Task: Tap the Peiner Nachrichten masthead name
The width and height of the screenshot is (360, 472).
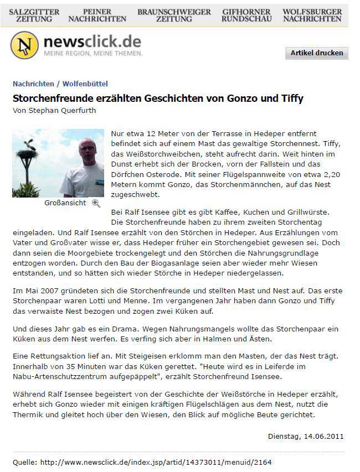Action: click(x=97, y=15)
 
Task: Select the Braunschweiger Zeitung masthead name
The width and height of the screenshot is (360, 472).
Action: click(x=174, y=15)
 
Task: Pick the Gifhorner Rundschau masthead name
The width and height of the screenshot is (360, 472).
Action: click(x=246, y=15)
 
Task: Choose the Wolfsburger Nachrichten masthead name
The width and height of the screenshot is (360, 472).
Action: click(x=312, y=15)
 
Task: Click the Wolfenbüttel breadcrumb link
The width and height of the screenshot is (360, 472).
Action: click(x=85, y=84)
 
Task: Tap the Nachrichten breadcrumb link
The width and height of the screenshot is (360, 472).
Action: click(x=33, y=84)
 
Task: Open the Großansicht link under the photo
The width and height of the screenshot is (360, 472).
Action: click(x=65, y=203)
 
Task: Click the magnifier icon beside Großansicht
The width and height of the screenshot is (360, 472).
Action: click(x=96, y=203)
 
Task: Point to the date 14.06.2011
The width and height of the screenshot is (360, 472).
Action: click(x=324, y=436)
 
